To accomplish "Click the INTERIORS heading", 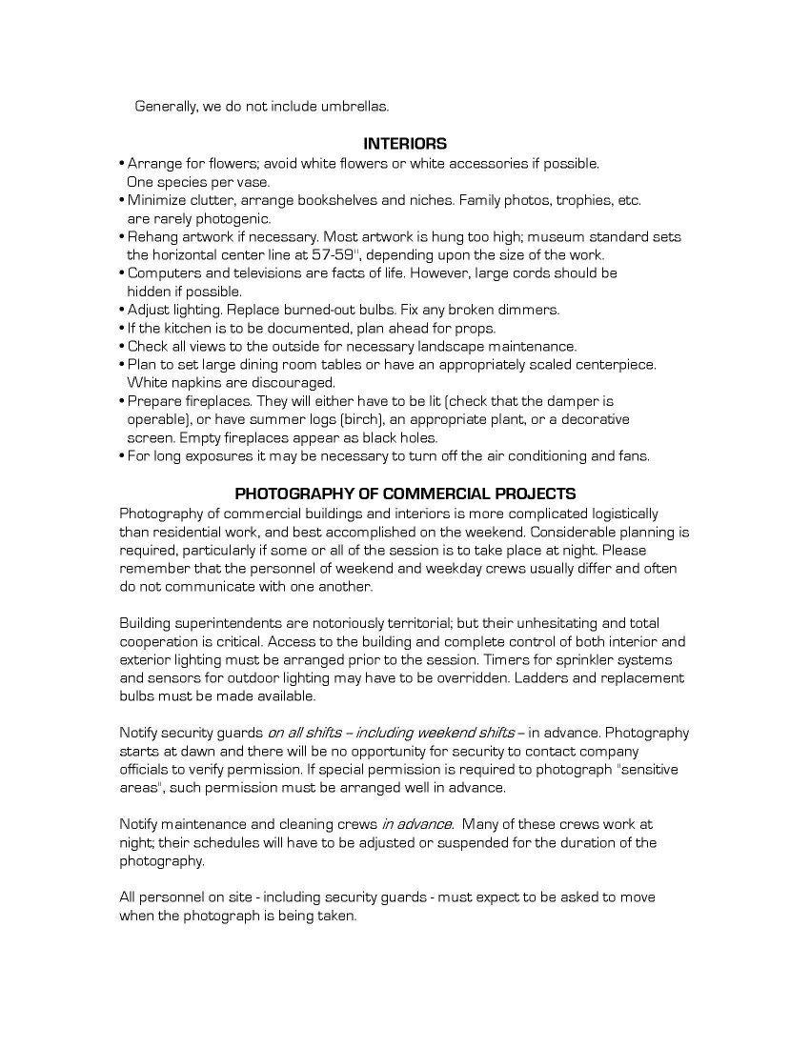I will pos(405,144).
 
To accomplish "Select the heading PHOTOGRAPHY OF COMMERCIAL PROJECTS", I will pos(405,494).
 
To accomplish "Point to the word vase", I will pos(253,181).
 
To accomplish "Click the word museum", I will pos(557,236).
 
